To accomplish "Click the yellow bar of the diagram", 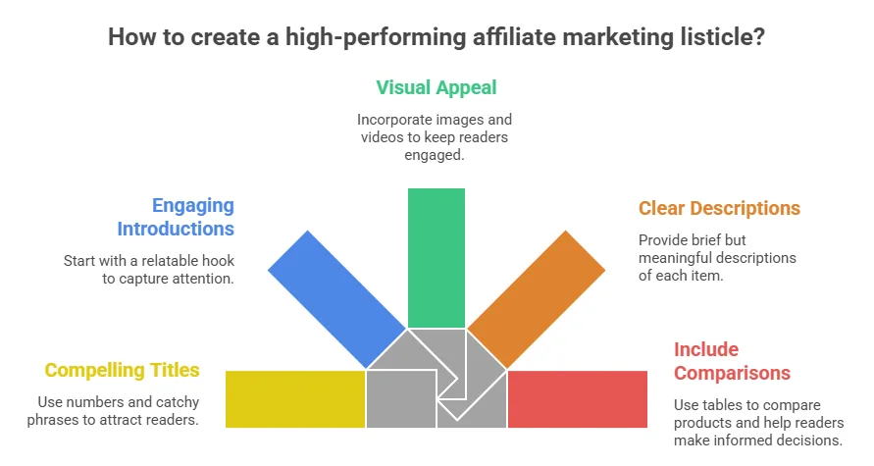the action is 295,399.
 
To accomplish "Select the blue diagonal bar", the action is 336,299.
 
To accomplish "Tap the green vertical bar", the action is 437,258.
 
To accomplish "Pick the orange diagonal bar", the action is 537,299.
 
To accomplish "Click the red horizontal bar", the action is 578,399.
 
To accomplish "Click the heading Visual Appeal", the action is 436,87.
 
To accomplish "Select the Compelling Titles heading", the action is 122,370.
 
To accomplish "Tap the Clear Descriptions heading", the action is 719,208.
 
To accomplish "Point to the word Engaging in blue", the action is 193,206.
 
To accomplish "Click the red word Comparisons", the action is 732,373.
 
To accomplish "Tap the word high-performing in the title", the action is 376,38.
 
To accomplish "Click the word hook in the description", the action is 219,261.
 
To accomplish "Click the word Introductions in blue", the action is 176,230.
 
